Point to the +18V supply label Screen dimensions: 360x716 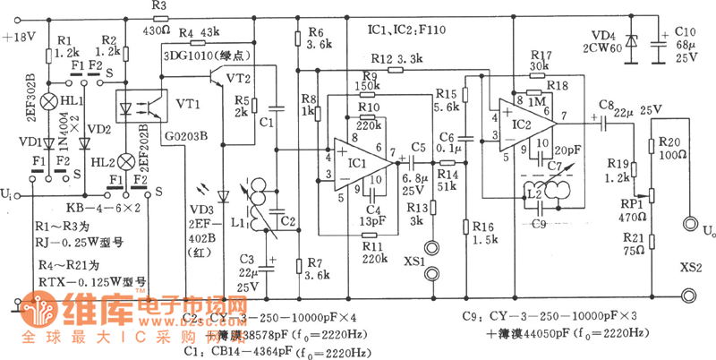click(x=20, y=38)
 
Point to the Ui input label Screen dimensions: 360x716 click(x=9, y=193)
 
